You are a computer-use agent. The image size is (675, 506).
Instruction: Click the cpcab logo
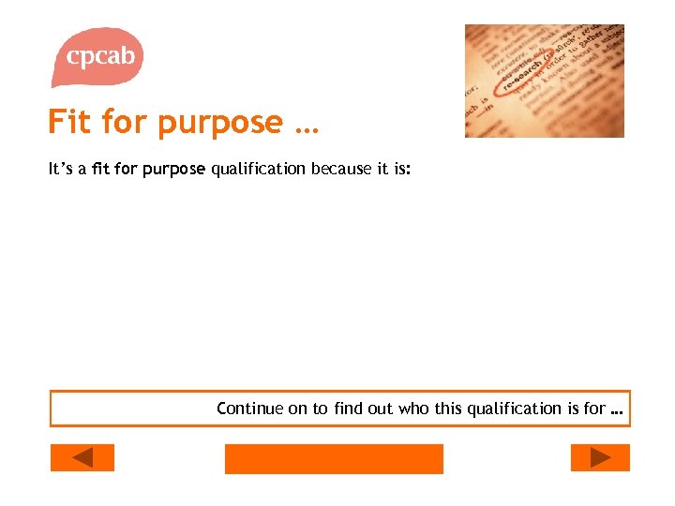[x=99, y=56]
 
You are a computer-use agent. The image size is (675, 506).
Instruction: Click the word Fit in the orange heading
[x=70, y=123]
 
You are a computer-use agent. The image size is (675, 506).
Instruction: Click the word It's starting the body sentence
[x=60, y=170]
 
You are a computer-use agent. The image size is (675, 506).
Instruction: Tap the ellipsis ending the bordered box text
[x=616, y=411]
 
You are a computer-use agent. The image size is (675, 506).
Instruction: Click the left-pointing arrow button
[x=82, y=457]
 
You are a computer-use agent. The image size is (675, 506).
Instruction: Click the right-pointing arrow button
[x=600, y=457]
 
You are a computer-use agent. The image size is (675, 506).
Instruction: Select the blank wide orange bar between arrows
[x=334, y=458]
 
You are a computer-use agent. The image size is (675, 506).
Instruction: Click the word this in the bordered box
[x=447, y=408]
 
